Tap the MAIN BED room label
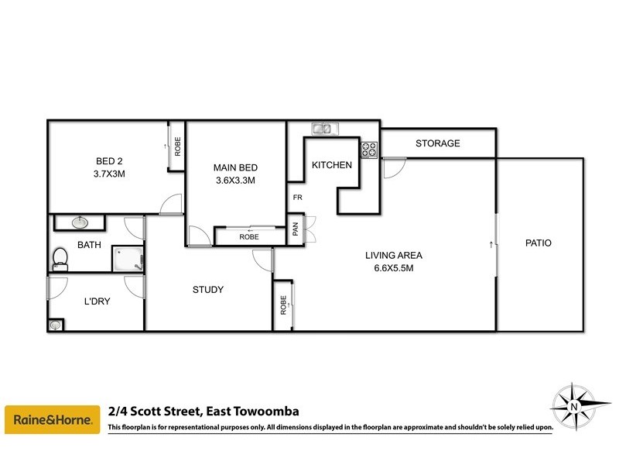234,167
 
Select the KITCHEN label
332,165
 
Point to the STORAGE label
437,143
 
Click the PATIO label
538,243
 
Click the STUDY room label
208,290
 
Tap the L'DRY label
97,302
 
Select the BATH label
89,245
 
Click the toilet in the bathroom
60,258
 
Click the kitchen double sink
323,129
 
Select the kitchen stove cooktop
368,149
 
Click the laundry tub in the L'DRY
56,325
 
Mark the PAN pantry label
296,229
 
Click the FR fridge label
296,197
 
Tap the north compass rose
571,403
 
